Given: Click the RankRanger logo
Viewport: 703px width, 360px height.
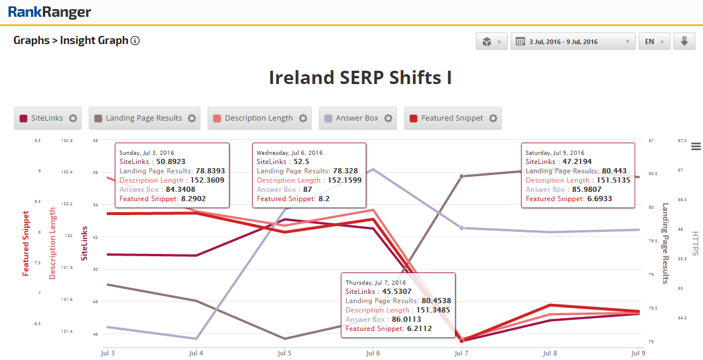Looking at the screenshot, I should [x=49, y=12].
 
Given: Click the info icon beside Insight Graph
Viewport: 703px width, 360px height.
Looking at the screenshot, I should [x=135, y=41].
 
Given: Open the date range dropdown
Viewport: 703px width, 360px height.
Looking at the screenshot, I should [x=573, y=42].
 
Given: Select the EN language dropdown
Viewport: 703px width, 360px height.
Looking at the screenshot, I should [x=654, y=42].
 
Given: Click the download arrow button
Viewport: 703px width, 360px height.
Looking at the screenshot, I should [x=684, y=41].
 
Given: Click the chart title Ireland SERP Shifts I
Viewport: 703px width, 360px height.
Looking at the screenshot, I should [x=360, y=78].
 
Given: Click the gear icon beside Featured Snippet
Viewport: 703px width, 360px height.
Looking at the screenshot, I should [x=493, y=118].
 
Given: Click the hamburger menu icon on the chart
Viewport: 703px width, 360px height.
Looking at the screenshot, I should [x=696, y=146].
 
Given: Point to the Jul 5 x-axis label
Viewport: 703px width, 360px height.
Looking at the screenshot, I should [x=284, y=352].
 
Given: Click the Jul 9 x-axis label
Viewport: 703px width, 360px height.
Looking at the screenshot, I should [x=638, y=352].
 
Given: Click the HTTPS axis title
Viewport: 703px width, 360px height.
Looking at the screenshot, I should [x=695, y=243].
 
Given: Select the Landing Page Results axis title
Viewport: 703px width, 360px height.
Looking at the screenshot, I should [x=665, y=243].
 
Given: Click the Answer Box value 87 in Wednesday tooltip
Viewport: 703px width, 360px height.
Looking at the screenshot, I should [x=307, y=190].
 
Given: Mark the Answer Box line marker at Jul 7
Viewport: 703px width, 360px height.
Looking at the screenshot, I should [x=461, y=228].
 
